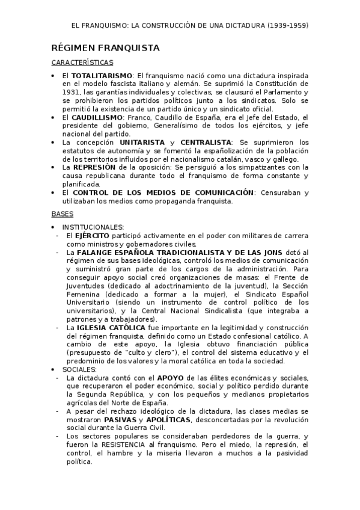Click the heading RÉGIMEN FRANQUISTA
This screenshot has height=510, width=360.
tap(105, 48)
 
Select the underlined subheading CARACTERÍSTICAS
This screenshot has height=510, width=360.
tap(82, 62)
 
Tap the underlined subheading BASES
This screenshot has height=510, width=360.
tap(62, 214)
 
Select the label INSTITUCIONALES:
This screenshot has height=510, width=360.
tap(93, 227)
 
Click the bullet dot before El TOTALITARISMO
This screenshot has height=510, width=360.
tap(54, 75)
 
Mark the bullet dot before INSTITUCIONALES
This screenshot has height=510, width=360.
tap(54, 227)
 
